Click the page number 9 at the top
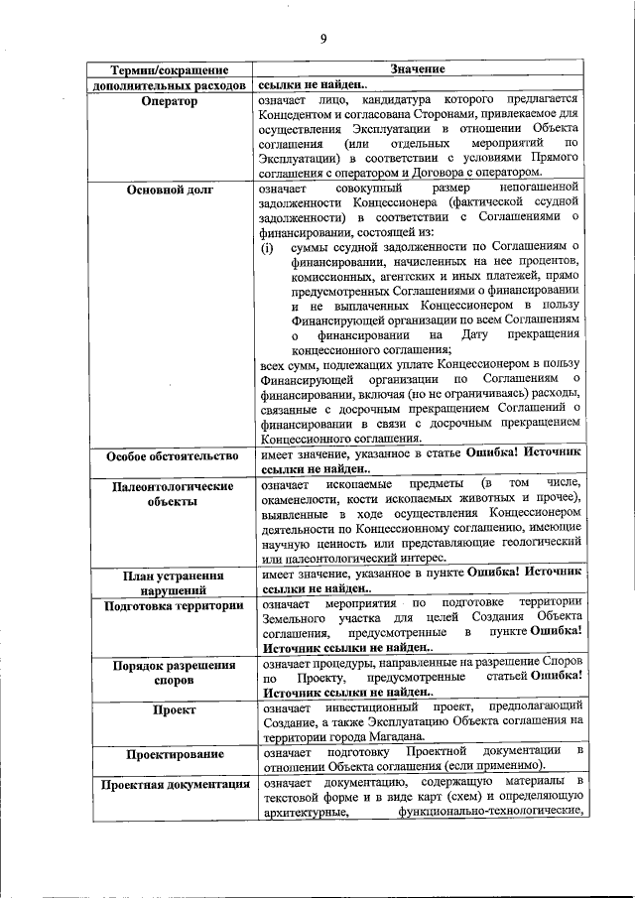pos(322,40)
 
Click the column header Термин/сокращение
pos(169,70)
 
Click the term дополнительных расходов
pos(169,86)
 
